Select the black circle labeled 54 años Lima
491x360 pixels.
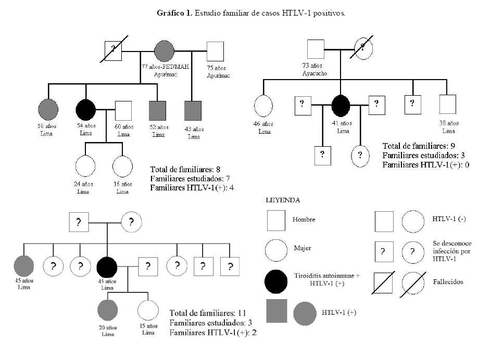coord(86,110)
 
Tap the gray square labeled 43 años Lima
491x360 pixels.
coord(193,110)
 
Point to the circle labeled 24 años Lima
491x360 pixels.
coord(86,166)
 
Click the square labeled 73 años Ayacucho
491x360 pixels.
coord(317,49)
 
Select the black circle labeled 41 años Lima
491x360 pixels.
coord(341,106)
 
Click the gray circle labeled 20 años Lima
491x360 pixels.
coord(107,311)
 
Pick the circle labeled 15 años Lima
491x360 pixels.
coord(148,311)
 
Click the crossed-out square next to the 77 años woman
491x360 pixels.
coord(114,52)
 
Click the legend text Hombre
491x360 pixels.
coord(304,220)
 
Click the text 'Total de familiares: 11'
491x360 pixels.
coord(208,313)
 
